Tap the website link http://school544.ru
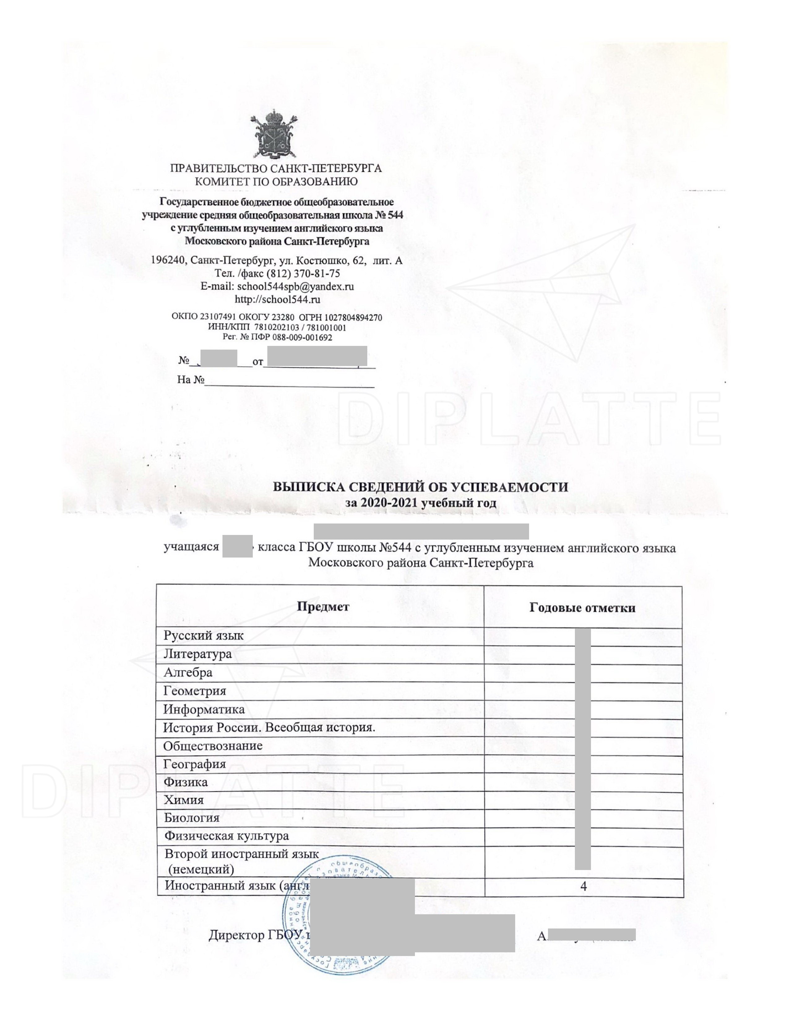point(277,299)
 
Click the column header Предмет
point(323,607)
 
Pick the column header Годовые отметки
point(582,608)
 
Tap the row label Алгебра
point(188,673)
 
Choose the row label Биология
point(192,818)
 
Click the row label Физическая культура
point(226,836)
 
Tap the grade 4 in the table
point(583,886)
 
